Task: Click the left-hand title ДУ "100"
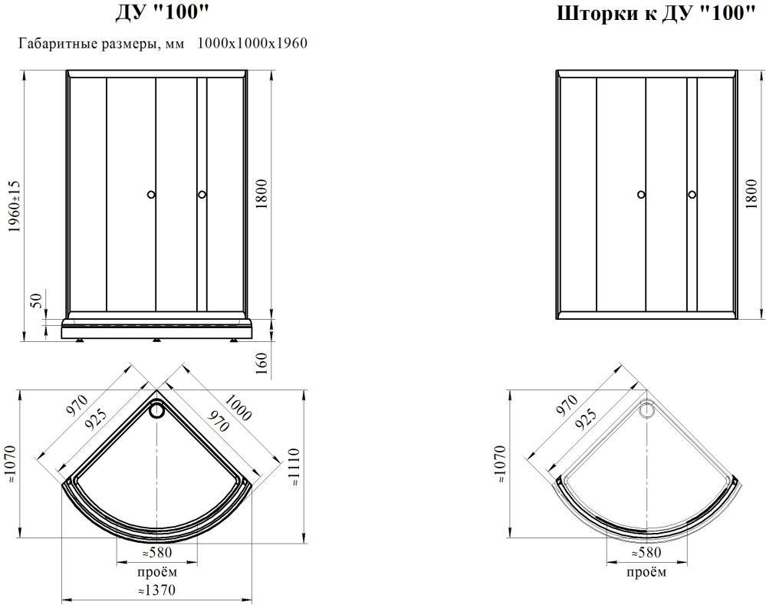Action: [162, 13]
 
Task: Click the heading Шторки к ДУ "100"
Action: [653, 14]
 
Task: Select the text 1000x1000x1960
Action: [252, 44]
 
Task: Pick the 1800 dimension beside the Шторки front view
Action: [751, 194]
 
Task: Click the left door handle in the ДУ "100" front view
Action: [152, 195]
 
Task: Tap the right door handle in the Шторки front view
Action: [692, 195]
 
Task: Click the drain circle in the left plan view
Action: [157, 409]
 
